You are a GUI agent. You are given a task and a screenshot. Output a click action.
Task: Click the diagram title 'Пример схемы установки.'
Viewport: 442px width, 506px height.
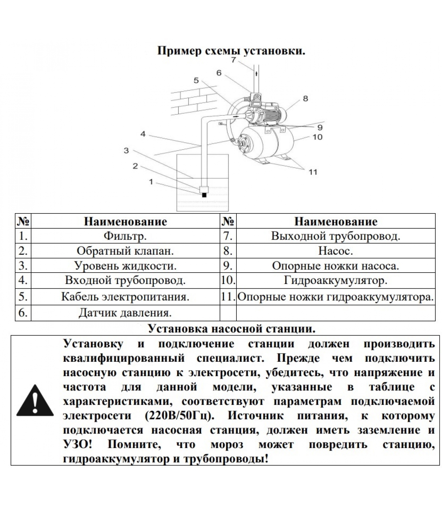[x=231, y=51]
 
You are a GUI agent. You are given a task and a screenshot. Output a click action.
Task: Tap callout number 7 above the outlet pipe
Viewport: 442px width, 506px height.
[x=233, y=60]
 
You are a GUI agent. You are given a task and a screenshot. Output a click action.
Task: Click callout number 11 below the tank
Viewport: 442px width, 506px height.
[x=313, y=172]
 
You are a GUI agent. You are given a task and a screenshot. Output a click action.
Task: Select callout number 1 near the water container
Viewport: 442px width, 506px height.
[x=151, y=182]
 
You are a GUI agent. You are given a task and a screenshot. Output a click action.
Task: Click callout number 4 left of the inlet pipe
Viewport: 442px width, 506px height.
[x=143, y=134]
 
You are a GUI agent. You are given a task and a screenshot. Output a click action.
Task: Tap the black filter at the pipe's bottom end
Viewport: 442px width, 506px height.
[x=204, y=195]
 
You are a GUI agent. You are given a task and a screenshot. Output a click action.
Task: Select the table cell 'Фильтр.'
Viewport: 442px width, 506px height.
[x=125, y=236]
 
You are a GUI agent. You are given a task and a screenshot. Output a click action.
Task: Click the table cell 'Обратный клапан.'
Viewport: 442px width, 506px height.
[x=125, y=251]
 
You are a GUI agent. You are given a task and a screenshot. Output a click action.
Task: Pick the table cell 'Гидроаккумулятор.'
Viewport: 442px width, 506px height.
[x=335, y=281]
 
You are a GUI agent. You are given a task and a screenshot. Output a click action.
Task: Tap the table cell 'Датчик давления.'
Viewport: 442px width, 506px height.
[x=125, y=313]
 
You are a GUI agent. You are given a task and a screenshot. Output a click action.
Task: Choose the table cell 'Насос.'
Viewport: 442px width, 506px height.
[x=335, y=251]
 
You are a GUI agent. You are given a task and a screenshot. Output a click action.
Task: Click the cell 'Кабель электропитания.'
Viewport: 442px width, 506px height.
[x=125, y=297]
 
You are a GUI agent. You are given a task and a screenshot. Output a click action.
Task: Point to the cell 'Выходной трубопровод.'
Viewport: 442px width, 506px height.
[x=335, y=236]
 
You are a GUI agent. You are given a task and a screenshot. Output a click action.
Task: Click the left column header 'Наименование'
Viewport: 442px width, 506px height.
[x=125, y=221]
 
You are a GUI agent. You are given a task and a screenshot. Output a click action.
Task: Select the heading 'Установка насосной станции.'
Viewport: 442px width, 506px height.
[x=231, y=329]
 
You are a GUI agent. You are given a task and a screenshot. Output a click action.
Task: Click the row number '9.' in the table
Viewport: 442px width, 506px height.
[x=228, y=266]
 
